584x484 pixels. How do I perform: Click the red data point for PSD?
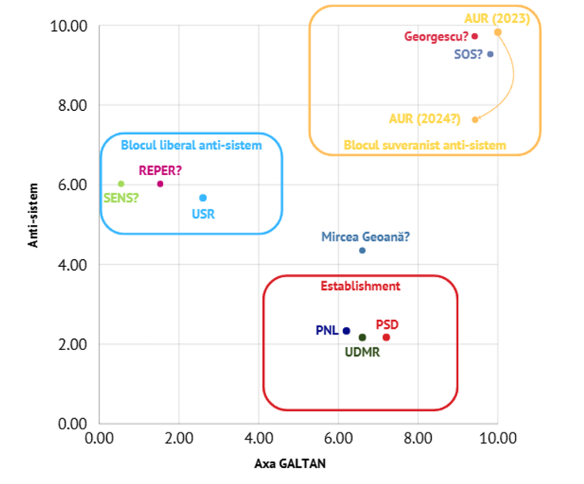pos(386,337)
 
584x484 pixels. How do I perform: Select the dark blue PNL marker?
pos(346,330)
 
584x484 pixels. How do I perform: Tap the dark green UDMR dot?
pos(362,337)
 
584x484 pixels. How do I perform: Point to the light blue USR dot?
pos(203,197)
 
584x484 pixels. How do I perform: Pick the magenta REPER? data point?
pos(160,184)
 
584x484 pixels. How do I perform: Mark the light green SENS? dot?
pos(121,184)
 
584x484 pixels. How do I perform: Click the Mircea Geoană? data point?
pos(362,250)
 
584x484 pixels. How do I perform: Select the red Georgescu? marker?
pos(475,36)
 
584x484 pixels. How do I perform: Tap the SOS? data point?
pos(490,54)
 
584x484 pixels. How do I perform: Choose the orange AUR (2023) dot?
pos(498,32)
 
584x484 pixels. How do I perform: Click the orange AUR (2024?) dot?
pos(475,120)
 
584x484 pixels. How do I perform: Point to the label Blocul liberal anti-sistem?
pos(191,145)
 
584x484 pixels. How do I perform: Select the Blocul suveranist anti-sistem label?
pos(425,145)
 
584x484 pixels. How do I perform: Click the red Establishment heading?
pos(361,286)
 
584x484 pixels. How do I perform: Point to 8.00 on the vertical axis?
pos(71,105)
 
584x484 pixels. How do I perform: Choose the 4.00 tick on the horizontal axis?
pos(258,438)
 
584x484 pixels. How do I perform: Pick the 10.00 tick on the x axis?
pos(498,438)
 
